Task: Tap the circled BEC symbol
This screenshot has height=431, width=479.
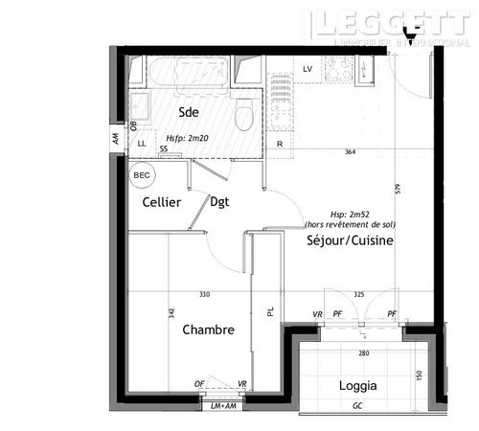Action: [142, 176]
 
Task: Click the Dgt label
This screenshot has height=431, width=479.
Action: [220, 202]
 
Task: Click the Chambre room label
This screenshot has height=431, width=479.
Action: [208, 329]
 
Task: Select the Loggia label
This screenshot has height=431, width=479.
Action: [357, 386]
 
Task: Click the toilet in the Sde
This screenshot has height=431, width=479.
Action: [243, 115]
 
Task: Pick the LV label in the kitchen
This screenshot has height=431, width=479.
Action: [308, 70]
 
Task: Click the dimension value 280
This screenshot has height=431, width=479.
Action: [363, 353]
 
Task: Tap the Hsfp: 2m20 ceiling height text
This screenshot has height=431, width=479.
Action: [187, 138]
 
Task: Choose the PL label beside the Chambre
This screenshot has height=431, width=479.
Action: [271, 311]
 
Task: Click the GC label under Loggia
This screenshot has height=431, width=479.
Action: [357, 406]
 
